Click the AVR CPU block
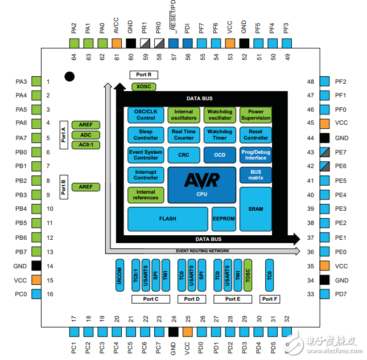click(202, 185)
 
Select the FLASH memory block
click(168, 219)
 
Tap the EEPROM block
click(223, 219)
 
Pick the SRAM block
click(255, 208)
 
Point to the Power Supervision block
click(255, 115)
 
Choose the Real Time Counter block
click(184, 134)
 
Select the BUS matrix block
click(255, 174)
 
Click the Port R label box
click(143, 75)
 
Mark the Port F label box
click(270, 298)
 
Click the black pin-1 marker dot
click(69, 76)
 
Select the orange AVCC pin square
click(117, 42)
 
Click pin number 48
click(311, 82)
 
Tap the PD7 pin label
click(341, 294)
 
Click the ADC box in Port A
click(86, 135)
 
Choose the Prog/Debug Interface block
click(255, 154)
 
